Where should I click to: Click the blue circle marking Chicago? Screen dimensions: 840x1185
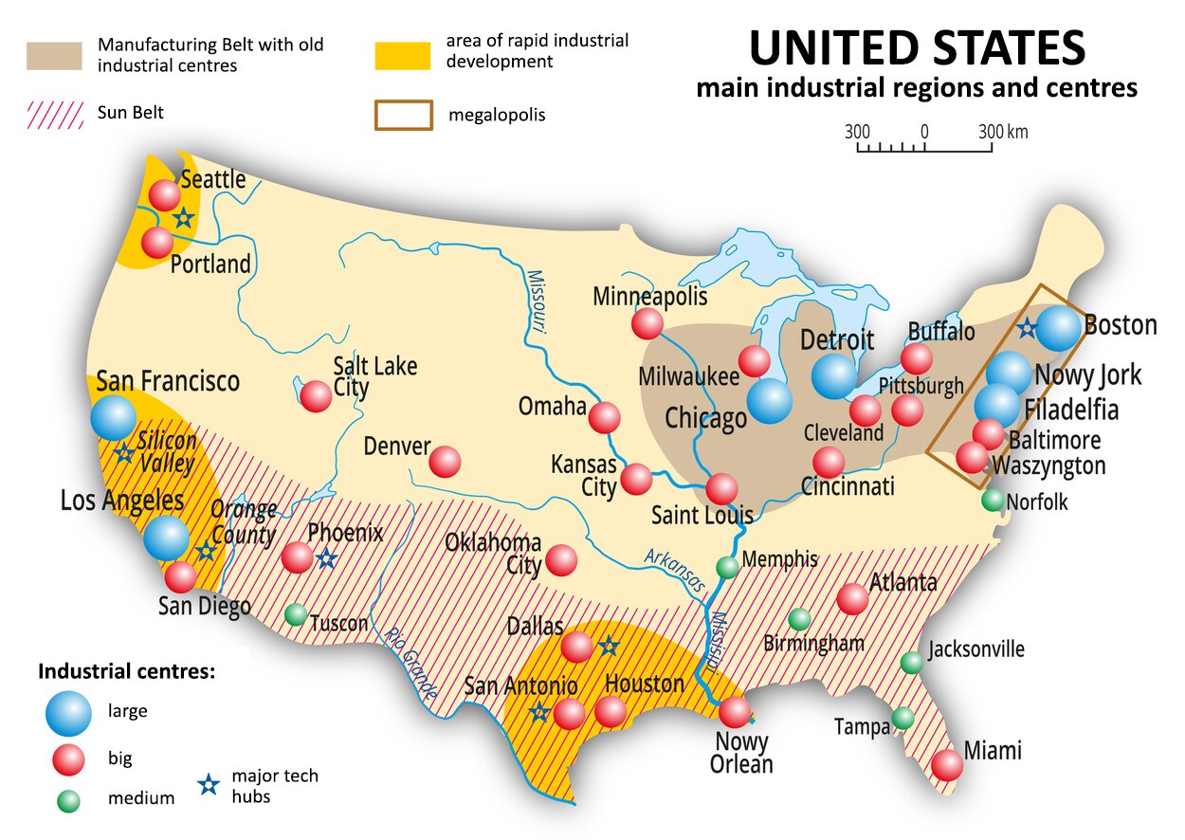769,401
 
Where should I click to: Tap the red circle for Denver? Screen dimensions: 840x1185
445,462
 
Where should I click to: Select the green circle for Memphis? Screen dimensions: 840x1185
727,567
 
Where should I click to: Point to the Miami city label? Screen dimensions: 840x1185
993,752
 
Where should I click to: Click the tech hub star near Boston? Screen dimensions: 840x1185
1026,329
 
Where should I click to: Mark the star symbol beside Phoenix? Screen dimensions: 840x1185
326,558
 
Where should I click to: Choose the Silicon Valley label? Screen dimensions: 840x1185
167,452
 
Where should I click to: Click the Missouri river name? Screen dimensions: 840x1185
536,300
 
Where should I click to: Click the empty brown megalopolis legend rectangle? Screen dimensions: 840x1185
404,115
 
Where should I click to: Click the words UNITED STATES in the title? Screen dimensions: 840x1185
917,47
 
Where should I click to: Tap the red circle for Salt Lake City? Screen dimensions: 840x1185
316,395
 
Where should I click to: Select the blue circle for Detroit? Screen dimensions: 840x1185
834,375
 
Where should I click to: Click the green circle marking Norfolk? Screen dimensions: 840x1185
993,500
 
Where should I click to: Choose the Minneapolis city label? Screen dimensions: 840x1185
650,296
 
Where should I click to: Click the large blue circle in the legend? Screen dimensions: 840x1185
67,713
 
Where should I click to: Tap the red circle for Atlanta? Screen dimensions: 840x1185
852,599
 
